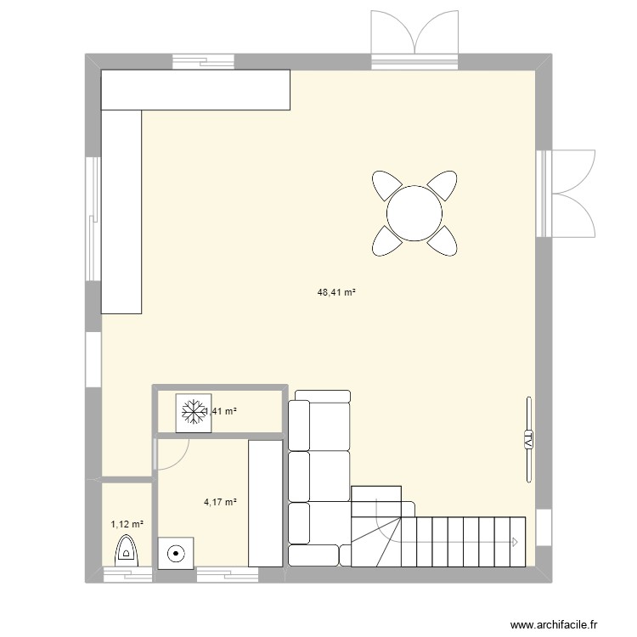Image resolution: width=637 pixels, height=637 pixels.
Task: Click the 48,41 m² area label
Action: click(335, 292)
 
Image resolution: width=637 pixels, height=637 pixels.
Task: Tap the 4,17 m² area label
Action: click(220, 502)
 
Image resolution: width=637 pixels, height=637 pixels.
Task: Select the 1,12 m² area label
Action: click(127, 524)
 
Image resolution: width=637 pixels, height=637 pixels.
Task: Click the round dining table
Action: click(414, 212)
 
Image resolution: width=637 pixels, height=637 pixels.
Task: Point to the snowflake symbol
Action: click(193, 413)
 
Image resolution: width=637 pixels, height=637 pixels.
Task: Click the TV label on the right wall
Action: click(527, 439)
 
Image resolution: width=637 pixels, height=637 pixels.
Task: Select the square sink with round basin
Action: click(177, 553)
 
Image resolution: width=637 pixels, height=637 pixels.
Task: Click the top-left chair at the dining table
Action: click(386, 184)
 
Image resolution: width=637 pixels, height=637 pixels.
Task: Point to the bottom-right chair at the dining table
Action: click(443, 241)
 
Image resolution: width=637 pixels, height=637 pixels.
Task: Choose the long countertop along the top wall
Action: click(196, 90)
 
